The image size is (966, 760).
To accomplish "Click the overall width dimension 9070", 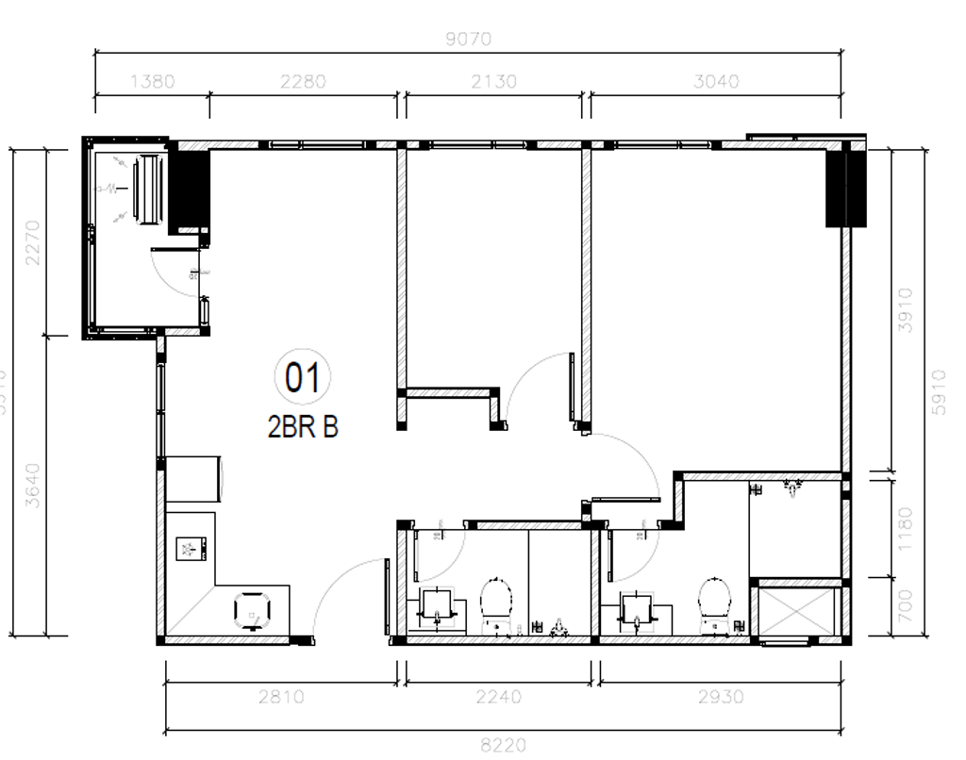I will tap(468, 39).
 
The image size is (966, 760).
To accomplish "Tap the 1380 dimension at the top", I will tap(151, 81).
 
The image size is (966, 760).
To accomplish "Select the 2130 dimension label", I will tap(493, 81).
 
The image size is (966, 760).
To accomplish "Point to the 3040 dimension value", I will tap(716, 81).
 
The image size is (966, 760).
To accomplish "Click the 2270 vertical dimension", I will tap(33, 241).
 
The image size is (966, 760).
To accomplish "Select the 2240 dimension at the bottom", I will tap(498, 697).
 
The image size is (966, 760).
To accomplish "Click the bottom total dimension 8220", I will tap(504, 745).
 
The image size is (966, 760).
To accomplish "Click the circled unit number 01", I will tap(303, 378).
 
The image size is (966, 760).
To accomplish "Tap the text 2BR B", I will tap(303, 427).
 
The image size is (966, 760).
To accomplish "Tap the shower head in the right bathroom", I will tap(791, 487).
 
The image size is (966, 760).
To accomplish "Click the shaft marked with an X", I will tap(797, 612).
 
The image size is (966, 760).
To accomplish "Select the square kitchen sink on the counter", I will tap(192, 550).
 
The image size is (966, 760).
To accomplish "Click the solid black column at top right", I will tap(845, 185).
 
